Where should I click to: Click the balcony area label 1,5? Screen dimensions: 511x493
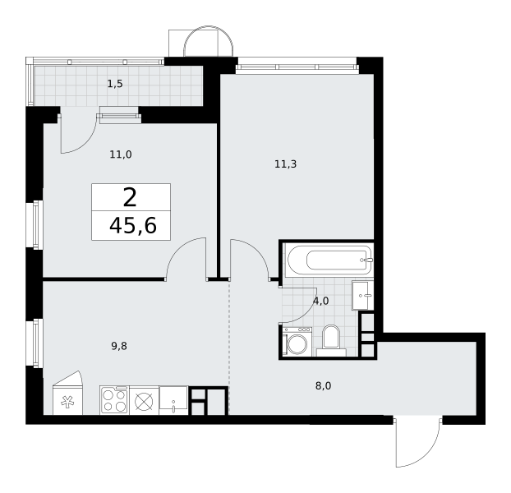[115, 84]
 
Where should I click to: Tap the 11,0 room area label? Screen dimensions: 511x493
[121, 154]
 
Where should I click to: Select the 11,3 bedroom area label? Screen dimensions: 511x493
[285, 164]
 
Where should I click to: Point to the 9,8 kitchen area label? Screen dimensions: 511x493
[119, 346]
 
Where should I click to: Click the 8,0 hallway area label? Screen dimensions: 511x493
[324, 386]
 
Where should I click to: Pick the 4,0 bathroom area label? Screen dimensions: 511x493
[321, 302]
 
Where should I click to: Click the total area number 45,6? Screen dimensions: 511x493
[133, 226]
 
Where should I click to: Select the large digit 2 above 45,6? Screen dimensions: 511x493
[130, 198]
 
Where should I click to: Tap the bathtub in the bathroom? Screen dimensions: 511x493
[329, 260]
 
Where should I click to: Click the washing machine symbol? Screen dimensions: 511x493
[297, 342]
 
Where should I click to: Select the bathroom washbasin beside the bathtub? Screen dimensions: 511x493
[362, 296]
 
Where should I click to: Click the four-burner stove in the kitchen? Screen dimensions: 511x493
[114, 400]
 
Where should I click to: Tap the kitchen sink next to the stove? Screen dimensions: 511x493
[173, 400]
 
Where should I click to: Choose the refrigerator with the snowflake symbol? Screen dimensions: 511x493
[68, 394]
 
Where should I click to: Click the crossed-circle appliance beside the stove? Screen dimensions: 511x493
[144, 400]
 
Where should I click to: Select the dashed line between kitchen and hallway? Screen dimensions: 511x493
[228, 348]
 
